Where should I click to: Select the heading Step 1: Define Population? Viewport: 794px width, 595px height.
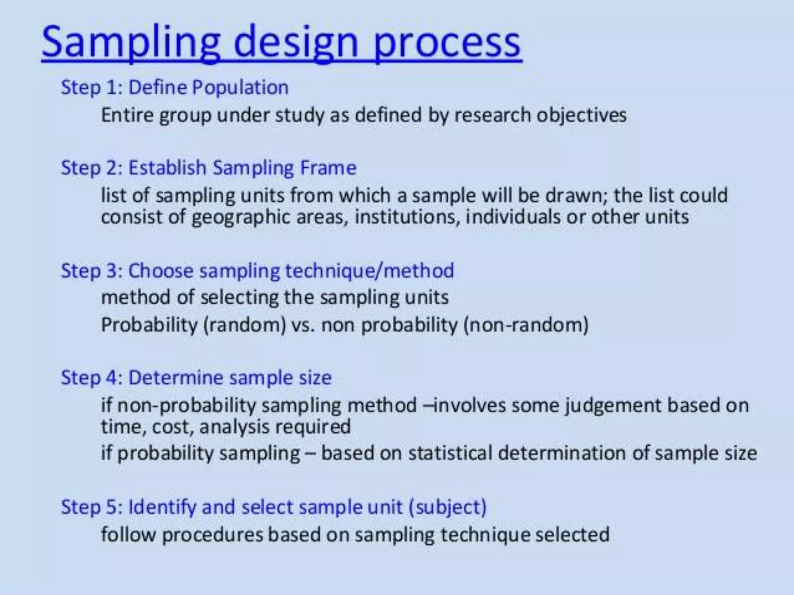175,87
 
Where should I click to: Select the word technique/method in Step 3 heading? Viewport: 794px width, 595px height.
369,270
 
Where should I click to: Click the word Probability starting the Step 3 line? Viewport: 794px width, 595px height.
149,325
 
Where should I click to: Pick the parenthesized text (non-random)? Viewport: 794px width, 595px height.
526,325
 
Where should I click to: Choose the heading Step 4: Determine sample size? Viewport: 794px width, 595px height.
196,377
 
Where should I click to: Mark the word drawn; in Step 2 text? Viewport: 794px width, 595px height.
576,195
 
